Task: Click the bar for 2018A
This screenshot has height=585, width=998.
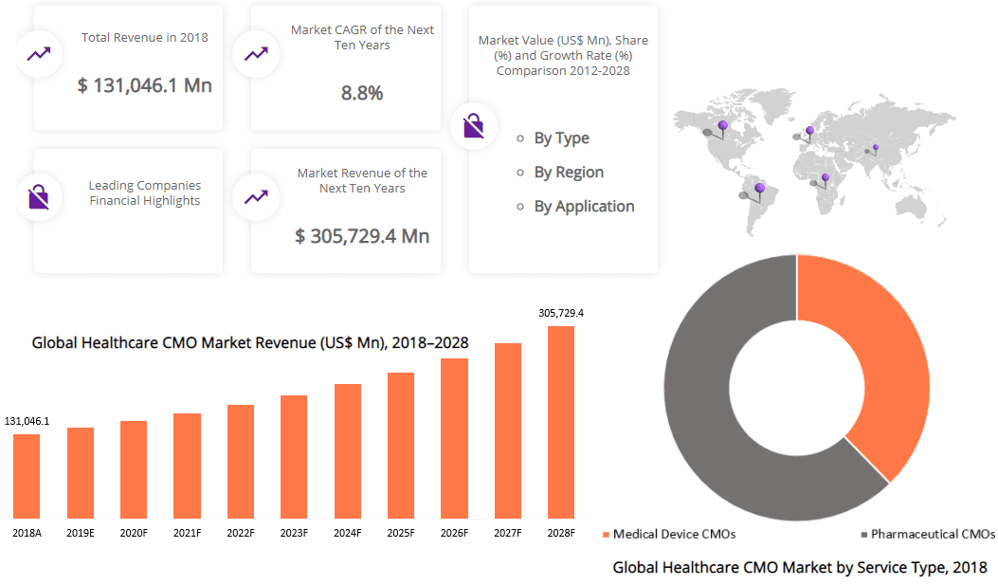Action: [27, 476]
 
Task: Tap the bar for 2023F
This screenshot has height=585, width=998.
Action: [294, 456]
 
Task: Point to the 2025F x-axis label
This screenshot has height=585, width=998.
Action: [401, 533]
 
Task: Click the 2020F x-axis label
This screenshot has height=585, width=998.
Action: [134, 533]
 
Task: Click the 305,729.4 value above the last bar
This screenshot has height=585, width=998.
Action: [561, 313]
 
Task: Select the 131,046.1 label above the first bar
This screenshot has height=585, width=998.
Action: [27, 421]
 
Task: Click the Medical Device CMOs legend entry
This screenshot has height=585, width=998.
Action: [669, 535]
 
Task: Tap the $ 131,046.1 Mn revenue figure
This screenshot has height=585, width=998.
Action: [145, 85]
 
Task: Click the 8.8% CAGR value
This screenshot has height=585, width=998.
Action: [362, 93]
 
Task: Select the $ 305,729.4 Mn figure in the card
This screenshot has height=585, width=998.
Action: [362, 236]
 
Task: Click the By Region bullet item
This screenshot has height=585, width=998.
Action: [569, 173]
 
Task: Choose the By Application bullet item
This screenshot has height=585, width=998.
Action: [584, 207]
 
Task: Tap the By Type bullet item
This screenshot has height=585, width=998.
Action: [561, 138]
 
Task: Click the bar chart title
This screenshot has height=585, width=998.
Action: [250, 342]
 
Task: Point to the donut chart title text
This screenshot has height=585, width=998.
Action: [800, 568]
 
